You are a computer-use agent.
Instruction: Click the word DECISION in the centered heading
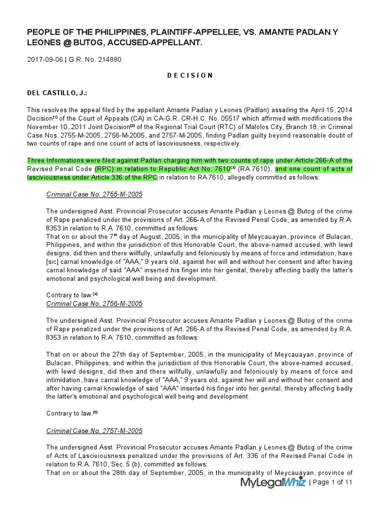click(x=190, y=76)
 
